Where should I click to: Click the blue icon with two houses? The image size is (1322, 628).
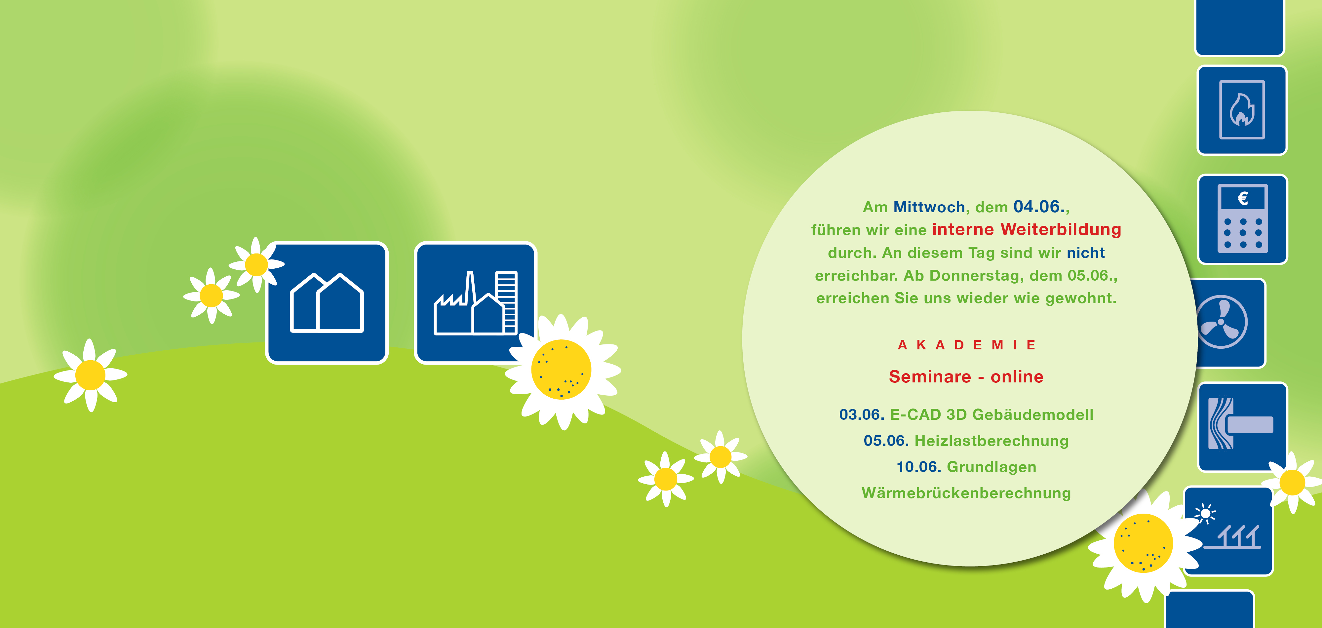(327, 303)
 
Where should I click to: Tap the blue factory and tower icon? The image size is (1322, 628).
(476, 303)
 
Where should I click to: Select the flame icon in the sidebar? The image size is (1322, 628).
(1242, 110)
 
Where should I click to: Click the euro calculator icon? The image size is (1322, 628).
(1242, 219)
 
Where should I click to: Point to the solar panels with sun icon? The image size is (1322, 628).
(1229, 531)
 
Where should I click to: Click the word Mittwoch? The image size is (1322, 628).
(929, 207)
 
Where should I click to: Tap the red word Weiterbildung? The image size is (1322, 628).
(1061, 229)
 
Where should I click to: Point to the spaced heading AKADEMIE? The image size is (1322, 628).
(966, 345)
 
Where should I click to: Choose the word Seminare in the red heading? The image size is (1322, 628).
(930, 376)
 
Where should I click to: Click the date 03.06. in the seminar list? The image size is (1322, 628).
(862, 414)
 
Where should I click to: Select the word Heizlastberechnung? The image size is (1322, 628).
(991, 441)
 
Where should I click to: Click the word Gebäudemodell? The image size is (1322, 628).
(1032, 414)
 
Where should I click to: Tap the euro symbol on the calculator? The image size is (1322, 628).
(1242, 198)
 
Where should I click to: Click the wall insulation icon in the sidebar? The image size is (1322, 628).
(1242, 427)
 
